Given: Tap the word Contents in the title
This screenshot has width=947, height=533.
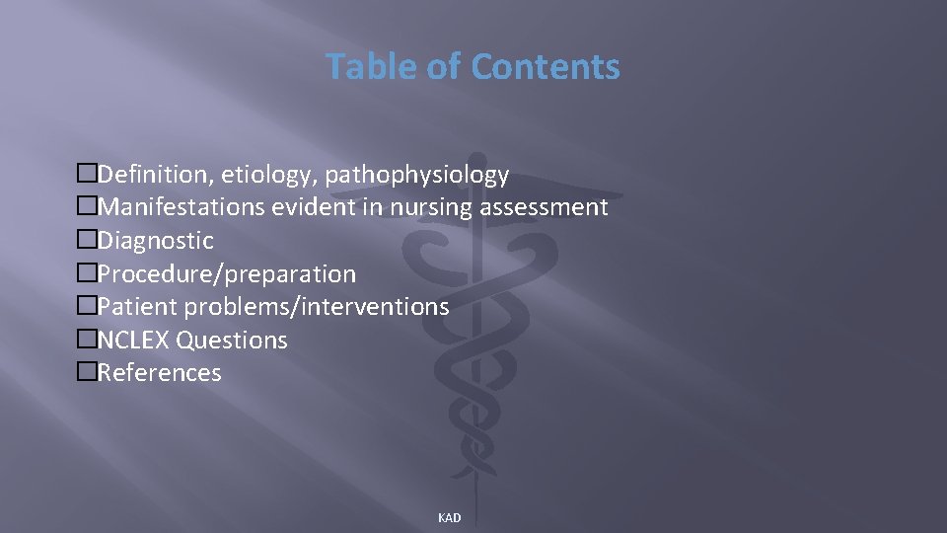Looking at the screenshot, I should point(546,66).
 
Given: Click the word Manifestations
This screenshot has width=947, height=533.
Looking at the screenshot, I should point(183,207).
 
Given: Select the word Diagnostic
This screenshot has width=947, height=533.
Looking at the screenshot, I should point(156,241).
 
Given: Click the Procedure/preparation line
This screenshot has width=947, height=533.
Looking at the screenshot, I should point(227,273).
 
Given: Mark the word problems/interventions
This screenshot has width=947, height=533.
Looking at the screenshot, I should point(317,307).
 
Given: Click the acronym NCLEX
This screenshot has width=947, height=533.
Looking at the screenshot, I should point(134,340).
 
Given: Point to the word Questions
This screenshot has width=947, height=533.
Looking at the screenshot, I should point(232,340).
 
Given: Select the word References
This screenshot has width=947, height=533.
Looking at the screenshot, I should point(160,372).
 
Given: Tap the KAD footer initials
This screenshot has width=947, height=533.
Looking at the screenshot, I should point(449,518).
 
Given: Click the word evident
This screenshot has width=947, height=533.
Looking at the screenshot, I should point(345,207).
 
